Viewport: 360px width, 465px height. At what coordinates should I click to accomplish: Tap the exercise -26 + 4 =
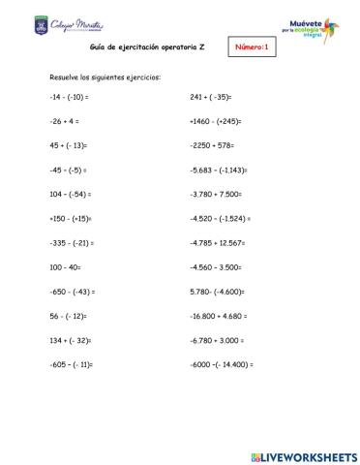tap(64, 122)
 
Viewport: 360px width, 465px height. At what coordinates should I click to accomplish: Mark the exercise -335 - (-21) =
tap(71, 241)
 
